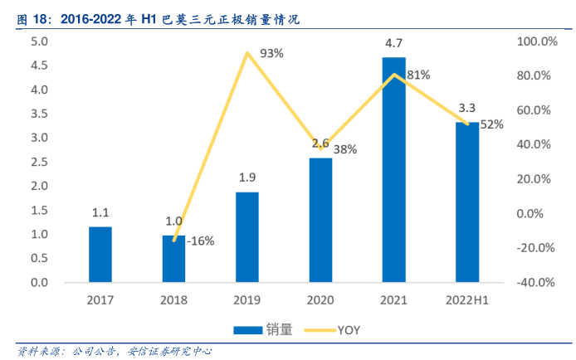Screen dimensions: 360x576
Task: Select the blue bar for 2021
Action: coord(393,170)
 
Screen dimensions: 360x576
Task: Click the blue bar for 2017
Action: coord(100,255)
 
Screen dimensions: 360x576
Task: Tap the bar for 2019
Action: coord(247,237)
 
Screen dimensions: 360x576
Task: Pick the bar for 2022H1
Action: coord(467,202)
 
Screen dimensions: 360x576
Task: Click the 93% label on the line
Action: coord(271,53)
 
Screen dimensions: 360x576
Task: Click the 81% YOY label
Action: coord(418,75)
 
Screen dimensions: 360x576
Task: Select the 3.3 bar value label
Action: coord(467,108)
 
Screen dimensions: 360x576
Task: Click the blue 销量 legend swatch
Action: coord(249,329)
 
